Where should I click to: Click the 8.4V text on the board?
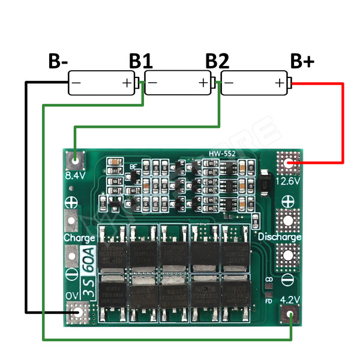pyautogui.click(x=75, y=175)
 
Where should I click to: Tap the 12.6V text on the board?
pyautogui.click(x=290, y=180)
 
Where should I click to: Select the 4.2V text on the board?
pyautogui.click(x=290, y=299)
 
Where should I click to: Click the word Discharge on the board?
pyautogui.click(x=280, y=237)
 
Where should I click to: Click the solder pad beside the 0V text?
pyautogui.click(x=77, y=312)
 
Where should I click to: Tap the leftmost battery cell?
pyautogui.click(x=102, y=83)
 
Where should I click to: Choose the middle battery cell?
pyautogui.click(x=179, y=83)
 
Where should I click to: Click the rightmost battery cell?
pyautogui.click(x=254, y=83)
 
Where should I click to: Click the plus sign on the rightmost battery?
pyautogui.click(x=279, y=83)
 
